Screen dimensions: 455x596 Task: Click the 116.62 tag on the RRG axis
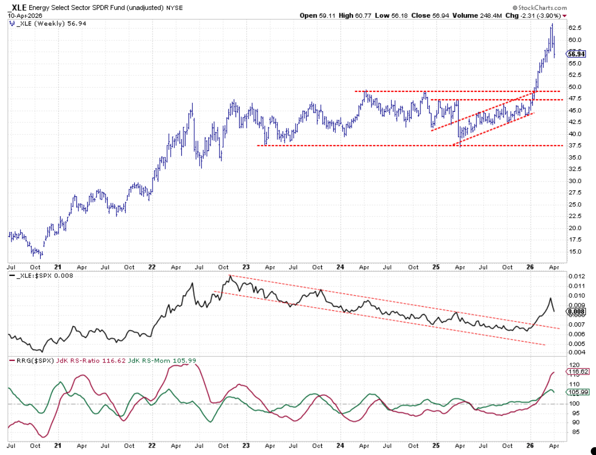click(578, 371)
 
